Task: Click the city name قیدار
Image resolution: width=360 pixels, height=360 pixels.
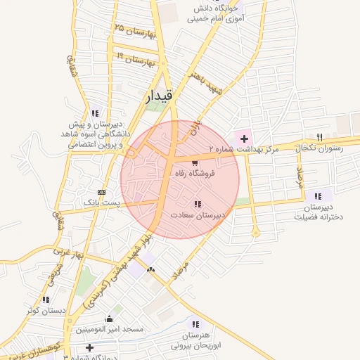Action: click(157, 98)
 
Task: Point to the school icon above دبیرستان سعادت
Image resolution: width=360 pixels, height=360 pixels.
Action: click(198, 205)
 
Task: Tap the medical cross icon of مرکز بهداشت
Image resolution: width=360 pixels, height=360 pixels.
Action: click(244, 139)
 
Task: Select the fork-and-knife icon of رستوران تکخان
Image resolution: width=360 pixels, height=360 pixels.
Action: click(320, 137)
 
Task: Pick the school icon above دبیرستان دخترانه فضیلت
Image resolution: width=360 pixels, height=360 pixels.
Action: click(319, 196)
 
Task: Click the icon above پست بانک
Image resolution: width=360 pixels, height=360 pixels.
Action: click(103, 191)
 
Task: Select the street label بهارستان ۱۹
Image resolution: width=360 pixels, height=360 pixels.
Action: click(135, 60)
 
